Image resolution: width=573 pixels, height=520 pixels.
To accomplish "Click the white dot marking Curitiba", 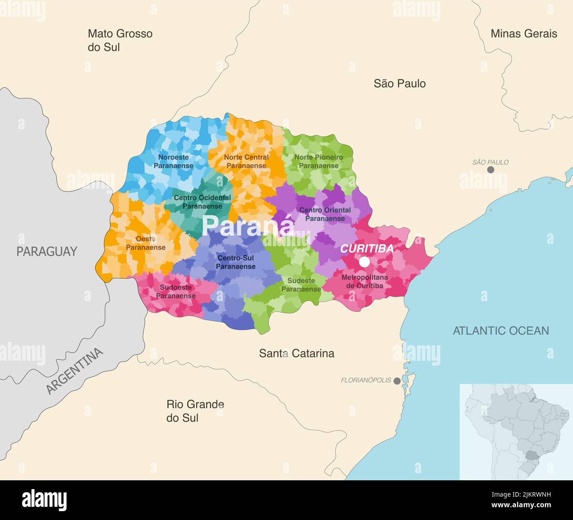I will (x=364, y=262).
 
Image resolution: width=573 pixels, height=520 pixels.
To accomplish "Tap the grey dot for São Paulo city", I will (x=491, y=170).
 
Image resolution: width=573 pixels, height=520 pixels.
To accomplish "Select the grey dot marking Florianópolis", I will (x=397, y=381).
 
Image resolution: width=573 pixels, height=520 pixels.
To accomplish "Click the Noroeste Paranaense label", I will (x=173, y=161).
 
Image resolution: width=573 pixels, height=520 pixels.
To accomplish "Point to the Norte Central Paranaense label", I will (x=246, y=161).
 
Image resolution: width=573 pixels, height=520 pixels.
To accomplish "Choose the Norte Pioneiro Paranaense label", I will (x=319, y=161).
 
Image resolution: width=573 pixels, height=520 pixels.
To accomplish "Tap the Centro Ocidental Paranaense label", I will (x=202, y=202).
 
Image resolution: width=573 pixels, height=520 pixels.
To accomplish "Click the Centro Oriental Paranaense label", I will (x=325, y=214).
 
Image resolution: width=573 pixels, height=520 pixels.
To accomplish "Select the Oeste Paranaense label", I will (x=146, y=243).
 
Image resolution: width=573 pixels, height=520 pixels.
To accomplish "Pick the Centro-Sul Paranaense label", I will (x=235, y=262).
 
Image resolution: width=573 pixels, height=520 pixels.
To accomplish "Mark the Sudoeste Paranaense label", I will (x=176, y=292).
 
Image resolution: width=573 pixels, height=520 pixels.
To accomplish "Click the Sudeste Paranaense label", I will (x=301, y=285).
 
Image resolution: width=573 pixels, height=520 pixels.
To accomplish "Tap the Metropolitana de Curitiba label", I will (x=365, y=281).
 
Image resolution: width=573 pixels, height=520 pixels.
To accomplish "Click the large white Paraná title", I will (x=248, y=225).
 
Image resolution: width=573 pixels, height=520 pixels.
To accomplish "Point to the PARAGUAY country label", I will (x=47, y=251).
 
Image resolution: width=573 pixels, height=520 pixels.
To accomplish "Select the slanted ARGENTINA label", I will (x=74, y=371).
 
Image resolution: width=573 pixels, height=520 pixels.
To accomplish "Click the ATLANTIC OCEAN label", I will (x=501, y=331).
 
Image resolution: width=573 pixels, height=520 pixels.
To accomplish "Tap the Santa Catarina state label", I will (x=296, y=353).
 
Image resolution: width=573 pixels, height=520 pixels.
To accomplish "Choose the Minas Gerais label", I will (x=524, y=34).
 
